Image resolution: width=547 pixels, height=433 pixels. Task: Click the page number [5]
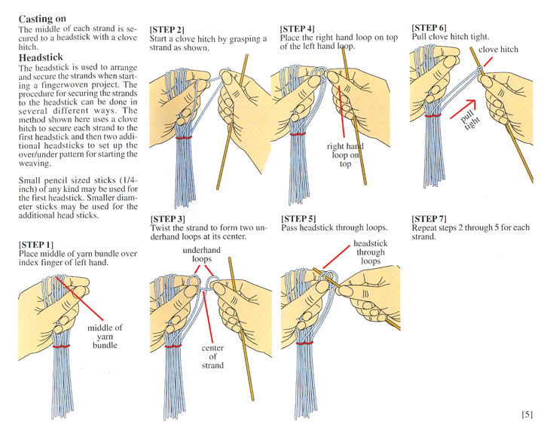[527, 414]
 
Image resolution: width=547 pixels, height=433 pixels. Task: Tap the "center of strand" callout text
[212, 357]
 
